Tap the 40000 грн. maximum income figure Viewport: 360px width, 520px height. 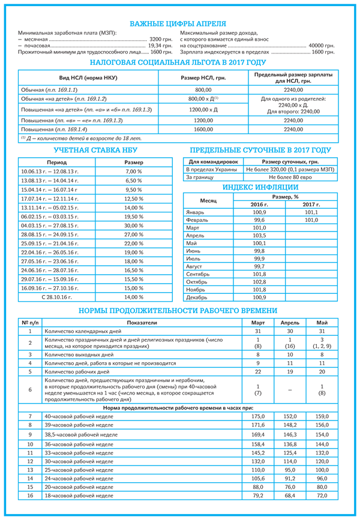[321, 46]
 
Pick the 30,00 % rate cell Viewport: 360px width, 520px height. [133, 225]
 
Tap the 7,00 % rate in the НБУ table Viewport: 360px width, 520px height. [133, 172]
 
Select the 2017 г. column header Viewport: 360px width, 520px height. [311, 205]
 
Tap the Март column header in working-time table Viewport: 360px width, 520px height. [257, 322]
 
